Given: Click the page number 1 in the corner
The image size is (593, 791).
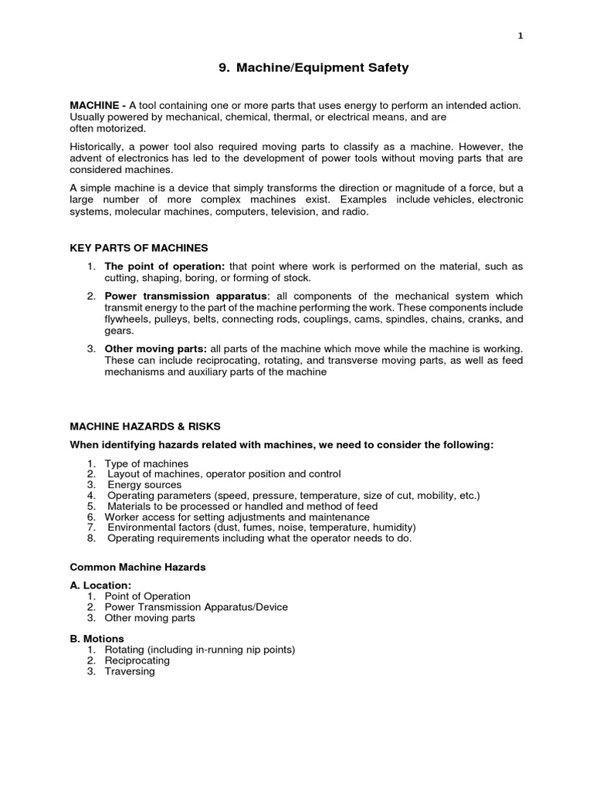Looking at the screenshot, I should click(x=520, y=35).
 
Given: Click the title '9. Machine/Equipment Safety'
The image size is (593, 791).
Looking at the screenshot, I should click(x=314, y=68).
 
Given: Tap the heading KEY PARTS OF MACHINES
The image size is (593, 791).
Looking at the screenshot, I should click(x=139, y=248).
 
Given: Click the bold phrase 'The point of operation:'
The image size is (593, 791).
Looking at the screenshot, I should click(x=164, y=266).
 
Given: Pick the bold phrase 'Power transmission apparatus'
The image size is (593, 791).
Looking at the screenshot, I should click(x=185, y=297).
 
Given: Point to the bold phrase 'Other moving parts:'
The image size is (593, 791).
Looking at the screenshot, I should click(x=155, y=349).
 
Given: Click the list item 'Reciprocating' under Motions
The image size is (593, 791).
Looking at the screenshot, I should click(x=137, y=660).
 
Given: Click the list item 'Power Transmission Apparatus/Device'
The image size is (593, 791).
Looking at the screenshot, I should click(x=196, y=607).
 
